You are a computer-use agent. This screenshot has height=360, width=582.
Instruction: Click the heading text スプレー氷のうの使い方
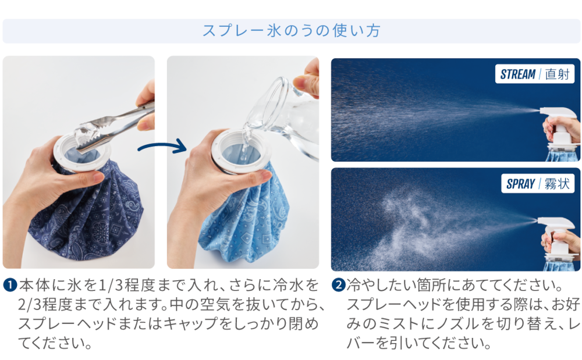(292, 31)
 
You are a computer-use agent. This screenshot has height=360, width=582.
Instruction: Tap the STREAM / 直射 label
(534, 74)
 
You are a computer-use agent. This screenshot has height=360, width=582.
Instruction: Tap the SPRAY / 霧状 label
(538, 184)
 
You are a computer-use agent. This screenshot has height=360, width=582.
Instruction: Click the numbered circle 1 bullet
(10, 285)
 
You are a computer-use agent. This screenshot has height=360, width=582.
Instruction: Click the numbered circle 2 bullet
(338, 285)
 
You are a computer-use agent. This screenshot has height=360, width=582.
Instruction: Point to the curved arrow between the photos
(162, 147)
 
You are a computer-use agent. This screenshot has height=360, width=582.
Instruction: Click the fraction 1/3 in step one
(110, 286)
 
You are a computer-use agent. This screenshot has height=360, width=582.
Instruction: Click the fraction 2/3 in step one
(30, 305)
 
